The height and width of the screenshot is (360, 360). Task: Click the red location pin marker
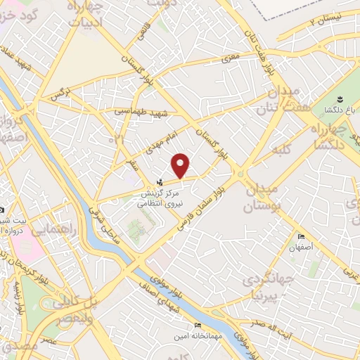(181, 166)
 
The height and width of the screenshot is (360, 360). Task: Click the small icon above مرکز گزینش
(158, 182)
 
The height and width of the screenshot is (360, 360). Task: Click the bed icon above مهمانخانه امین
(197, 326)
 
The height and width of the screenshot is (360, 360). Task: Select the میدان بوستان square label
(262, 198)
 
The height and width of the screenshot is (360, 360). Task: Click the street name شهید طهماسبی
(141, 111)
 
